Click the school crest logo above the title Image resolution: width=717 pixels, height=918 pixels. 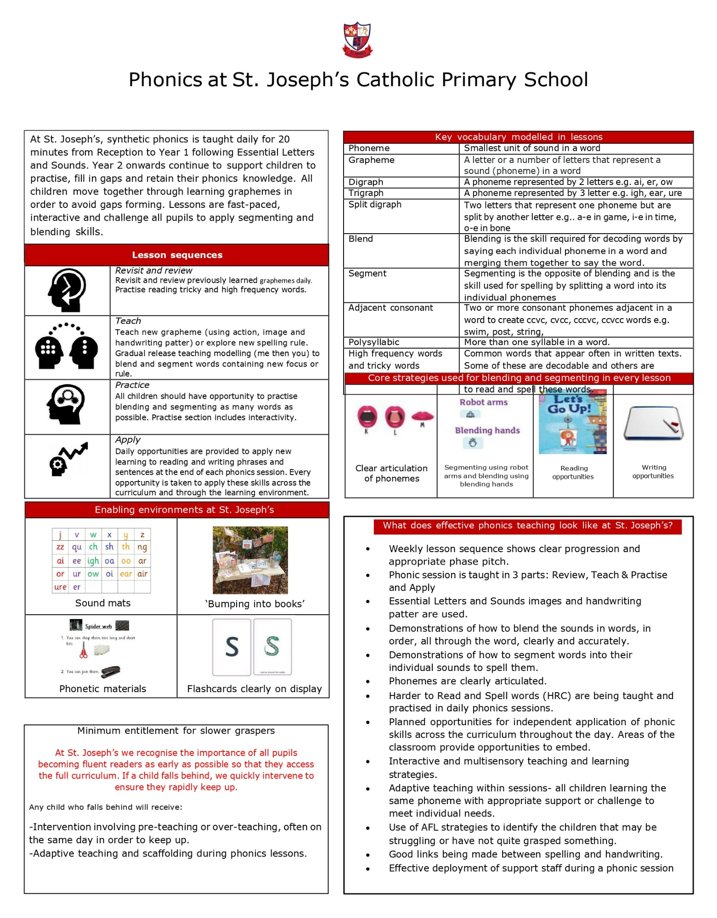click(x=357, y=39)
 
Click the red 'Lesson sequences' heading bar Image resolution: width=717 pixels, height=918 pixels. click(x=177, y=255)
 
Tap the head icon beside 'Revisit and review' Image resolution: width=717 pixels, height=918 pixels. click(x=67, y=290)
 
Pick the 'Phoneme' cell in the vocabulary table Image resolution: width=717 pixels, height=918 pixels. click(x=369, y=148)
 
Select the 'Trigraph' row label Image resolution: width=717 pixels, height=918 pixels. click(x=366, y=193)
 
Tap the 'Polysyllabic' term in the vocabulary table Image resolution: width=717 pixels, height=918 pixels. click(x=374, y=342)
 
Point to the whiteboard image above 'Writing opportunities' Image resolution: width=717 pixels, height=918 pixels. click(x=653, y=423)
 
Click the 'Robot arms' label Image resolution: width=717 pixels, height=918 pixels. click(x=483, y=403)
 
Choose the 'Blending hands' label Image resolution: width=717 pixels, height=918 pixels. click(x=487, y=431)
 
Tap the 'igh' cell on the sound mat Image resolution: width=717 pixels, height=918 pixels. click(x=93, y=561)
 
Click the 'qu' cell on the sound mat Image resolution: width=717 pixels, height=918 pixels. click(x=77, y=547)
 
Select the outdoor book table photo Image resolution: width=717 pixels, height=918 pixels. click(x=250, y=560)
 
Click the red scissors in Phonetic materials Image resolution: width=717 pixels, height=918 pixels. click(x=83, y=650)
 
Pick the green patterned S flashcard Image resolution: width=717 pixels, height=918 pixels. click(x=272, y=647)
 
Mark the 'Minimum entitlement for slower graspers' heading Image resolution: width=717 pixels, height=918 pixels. click(x=176, y=731)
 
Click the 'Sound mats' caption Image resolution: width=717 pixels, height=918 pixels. click(x=103, y=603)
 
